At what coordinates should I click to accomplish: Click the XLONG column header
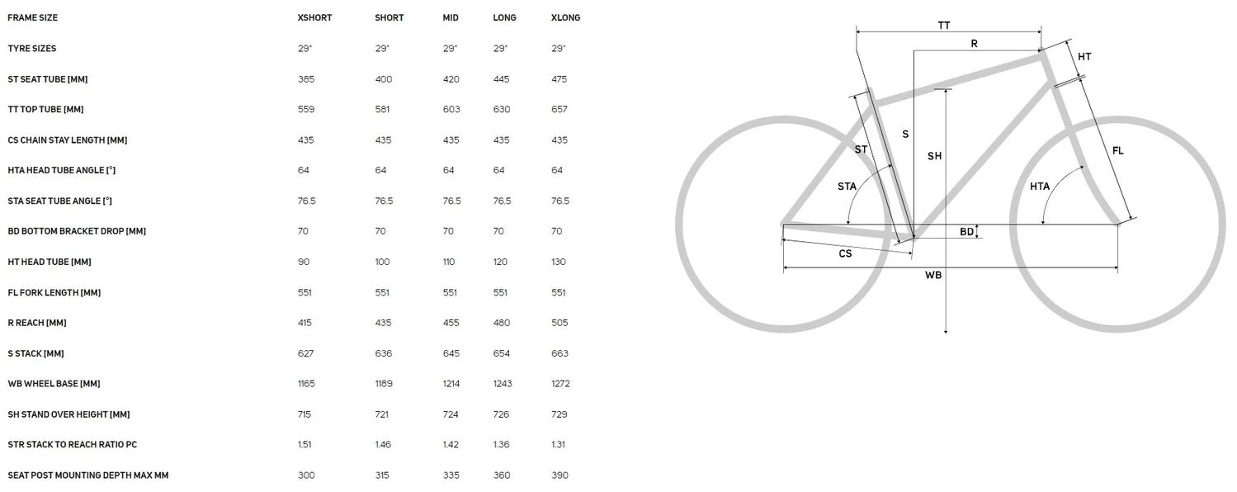click(x=565, y=17)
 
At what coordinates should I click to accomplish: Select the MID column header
click(x=451, y=17)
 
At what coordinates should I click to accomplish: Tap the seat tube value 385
click(x=306, y=79)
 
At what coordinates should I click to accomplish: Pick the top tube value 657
click(x=559, y=109)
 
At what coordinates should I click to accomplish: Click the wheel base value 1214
click(x=451, y=383)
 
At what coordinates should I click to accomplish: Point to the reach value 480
click(x=502, y=323)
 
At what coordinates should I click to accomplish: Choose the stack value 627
click(x=305, y=353)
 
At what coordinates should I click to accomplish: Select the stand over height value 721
click(x=381, y=414)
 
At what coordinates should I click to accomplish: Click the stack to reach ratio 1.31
click(x=558, y=444)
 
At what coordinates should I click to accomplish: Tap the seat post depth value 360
click(x=502, y=475)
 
